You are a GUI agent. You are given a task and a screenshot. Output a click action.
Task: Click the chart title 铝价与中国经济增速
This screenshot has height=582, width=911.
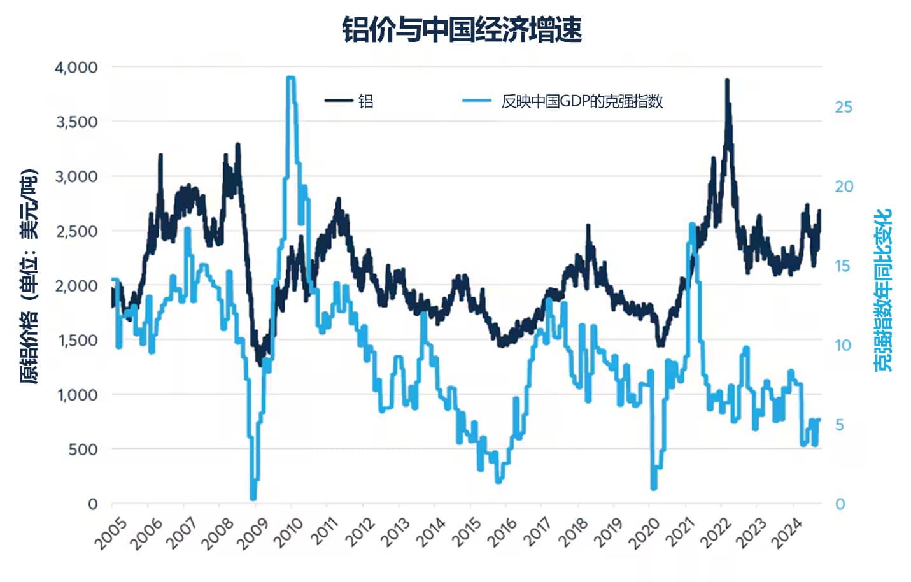coord(462,30)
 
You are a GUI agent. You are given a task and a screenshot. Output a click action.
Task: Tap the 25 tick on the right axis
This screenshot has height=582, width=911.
coord(843,107)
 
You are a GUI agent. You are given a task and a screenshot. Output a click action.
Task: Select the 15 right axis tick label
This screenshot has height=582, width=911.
coord(843,266)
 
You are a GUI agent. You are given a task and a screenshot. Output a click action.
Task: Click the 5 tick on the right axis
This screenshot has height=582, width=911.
coord(840,425)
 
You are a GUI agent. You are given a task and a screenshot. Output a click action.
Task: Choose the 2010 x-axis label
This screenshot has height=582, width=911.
coord(290,534)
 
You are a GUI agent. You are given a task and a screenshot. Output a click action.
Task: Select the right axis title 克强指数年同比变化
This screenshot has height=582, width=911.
coord(883,290)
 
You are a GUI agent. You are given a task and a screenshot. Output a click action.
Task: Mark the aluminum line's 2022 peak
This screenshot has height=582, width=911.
coord(727,81)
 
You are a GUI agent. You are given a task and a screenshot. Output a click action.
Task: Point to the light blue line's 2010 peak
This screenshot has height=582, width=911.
coord(290,78)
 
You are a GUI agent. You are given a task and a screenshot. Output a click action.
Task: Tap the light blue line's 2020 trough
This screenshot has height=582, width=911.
coord(653,487)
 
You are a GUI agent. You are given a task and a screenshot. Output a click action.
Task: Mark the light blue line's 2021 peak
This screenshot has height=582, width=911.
coord(692,224)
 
